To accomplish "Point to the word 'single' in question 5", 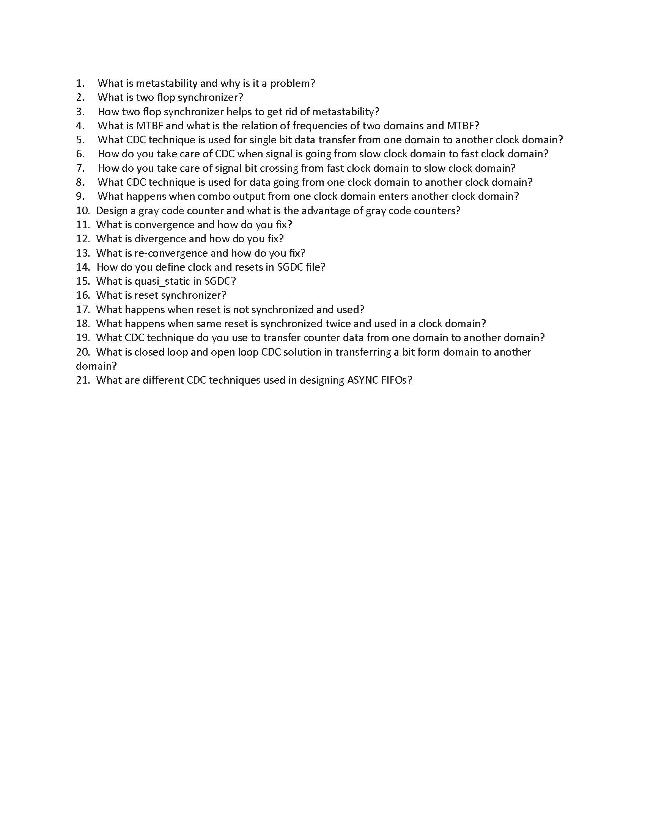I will point(263,140).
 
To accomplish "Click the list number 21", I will point(83,380).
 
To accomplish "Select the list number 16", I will point(83,295).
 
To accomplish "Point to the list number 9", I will point(80,196).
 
